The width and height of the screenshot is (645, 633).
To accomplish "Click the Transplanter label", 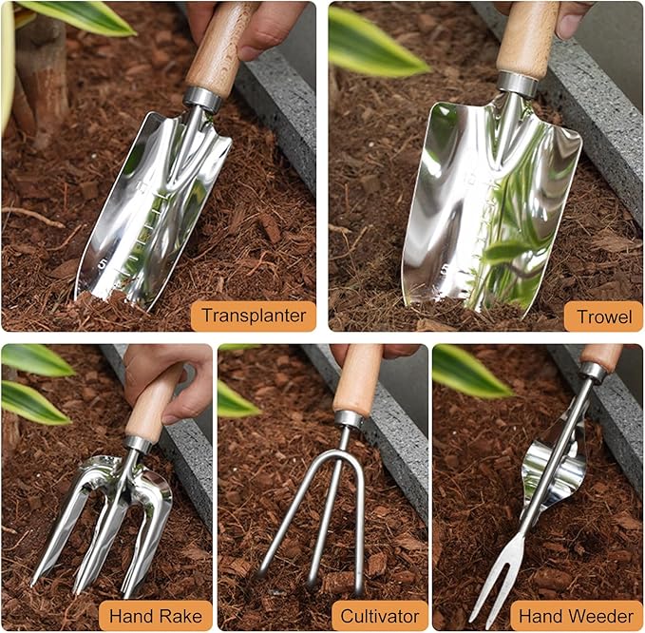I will pyautogui.click(x=253, y=316).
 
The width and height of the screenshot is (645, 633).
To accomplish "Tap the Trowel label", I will pyautogui.click(x=603, y=316).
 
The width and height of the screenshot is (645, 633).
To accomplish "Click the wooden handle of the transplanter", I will pyautogui.click(x=219, y=48).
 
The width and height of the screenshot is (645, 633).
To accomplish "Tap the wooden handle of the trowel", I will pyautogui.click(x=527, y=38).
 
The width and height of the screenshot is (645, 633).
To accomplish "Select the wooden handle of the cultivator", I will pyautogui.click(x=358, y=378).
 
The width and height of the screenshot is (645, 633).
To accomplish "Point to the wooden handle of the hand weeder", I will pyautogui.click(x=601, y=355).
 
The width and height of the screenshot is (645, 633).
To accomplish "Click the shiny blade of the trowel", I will pyautogui.click(x=484, y=209).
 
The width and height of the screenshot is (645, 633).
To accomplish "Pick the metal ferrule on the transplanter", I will pyautogui.click(x=202, y=98).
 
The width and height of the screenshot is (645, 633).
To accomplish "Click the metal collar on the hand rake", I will pyautogui.click(x=138, y=444).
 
